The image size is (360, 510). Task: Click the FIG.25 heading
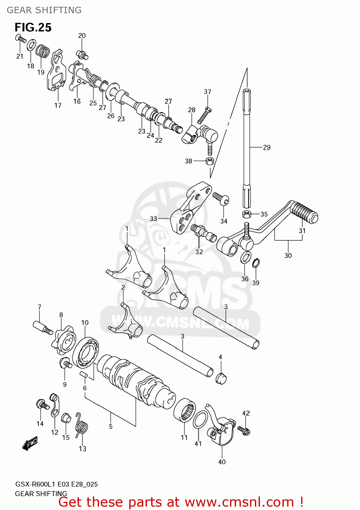pyautogui.click(x=33, y=27)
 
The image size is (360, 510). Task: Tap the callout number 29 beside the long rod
pyautogui.click(x=267, y=148)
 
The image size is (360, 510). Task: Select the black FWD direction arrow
pyautogui.click(x=30, y=443)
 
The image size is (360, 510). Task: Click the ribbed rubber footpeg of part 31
pyautogui.click(x=305, y=213)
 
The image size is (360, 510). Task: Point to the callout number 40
pyautogui.click(x=222, y=462)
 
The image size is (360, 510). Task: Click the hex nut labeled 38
pyautogui.click(x=210, y=161)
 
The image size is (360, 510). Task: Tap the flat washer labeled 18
pyautogui.click(x=32, y=45)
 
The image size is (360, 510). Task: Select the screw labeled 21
pyautogui.click(x=20, y=39)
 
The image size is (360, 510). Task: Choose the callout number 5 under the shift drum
pyautogui.click(x=111, y=426)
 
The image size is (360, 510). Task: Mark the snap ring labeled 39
pyautogui.click(x=256, y=263)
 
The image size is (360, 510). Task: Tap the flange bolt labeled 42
pyautogui.click(x=244, y=430)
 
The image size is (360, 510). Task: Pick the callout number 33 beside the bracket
pyautogui.click(x=153, y=219)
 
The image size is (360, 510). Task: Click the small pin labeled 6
pyautogui.click(x=84, y=375)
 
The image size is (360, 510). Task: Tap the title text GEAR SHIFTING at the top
pyautogui.click(x=44, y=10)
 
